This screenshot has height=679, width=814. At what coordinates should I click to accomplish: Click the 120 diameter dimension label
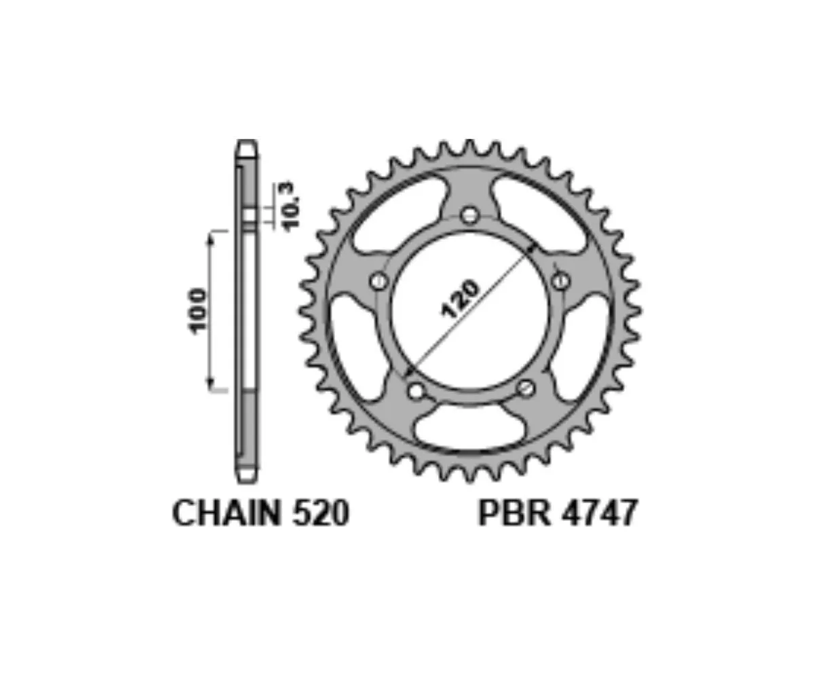[x=459, y=299]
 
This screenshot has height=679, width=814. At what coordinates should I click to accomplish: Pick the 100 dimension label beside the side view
[x=197, y=311]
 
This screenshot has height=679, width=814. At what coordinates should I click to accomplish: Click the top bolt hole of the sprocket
[x=470, y=215]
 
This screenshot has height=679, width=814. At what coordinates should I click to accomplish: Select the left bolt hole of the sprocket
[x=379, y=280]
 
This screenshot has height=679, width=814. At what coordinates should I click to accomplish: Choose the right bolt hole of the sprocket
[x=561, y=280]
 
